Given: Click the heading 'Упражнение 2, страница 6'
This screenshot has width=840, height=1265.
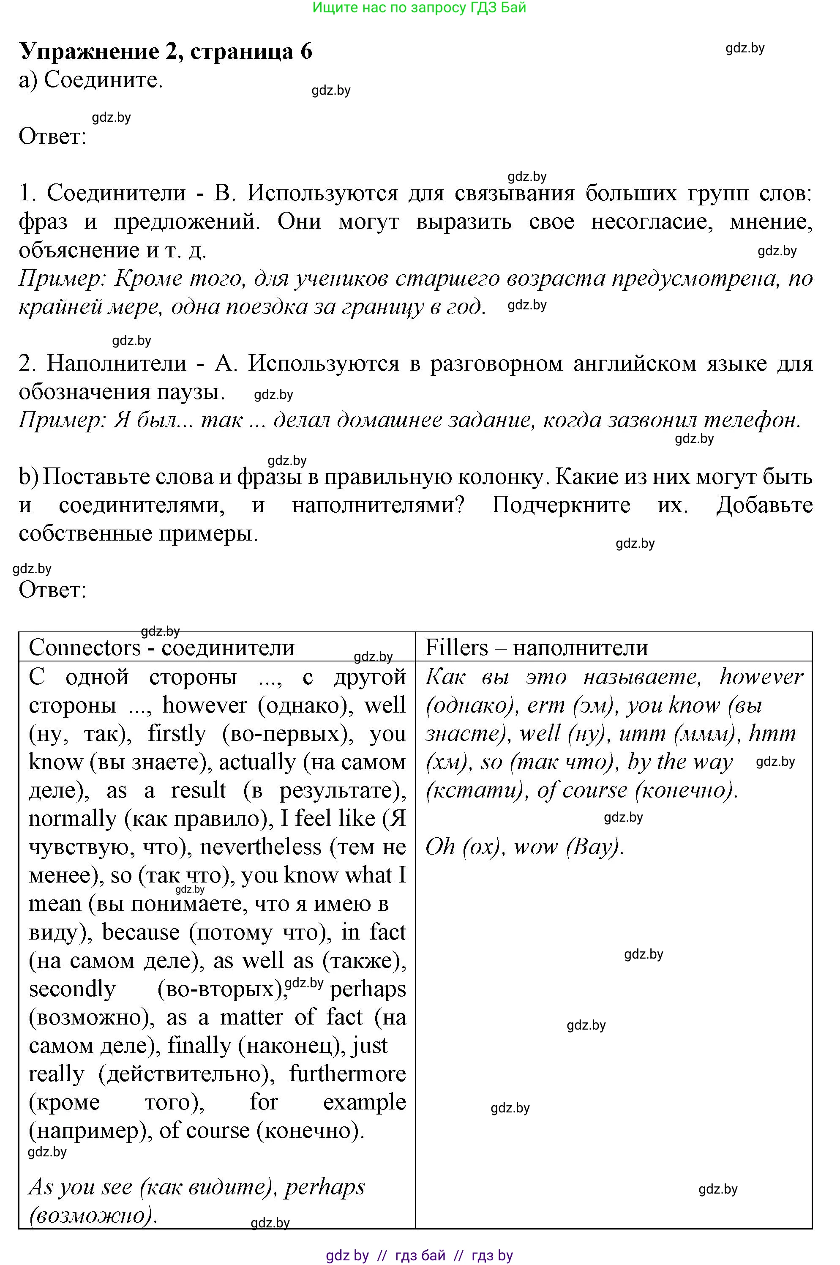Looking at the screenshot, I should (x=166, y=52).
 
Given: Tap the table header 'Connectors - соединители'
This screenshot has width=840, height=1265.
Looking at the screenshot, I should (x=161, y=648).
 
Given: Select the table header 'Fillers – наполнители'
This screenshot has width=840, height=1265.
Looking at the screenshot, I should (x=536, y=648).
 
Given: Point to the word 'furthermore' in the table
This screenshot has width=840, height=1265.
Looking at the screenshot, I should (x=347, y=1074).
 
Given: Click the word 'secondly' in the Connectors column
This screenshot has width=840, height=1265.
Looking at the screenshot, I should (x=72, y=989).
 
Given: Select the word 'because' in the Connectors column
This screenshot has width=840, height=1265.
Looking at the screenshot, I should (x=140, y=932).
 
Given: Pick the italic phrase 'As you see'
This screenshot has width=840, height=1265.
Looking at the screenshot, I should (x=80, y=1187).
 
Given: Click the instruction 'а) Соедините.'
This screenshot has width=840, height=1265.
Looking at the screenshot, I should (x=90, y=80).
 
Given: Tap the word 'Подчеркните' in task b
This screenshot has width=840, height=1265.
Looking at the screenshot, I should (x=561, y=505).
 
